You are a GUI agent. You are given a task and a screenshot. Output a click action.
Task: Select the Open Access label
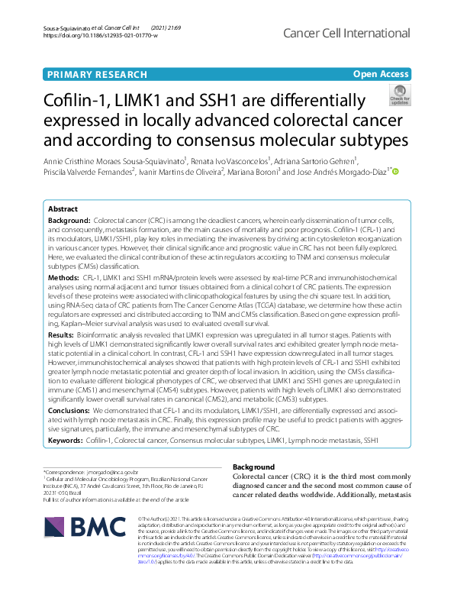pyautogui.click(x=380, y=74)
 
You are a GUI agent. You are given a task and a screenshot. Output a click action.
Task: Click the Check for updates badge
pyautogui.click(x=399, y=97)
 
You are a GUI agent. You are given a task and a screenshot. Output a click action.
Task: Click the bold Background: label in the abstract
pyautogui.click(x=69, y=219)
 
